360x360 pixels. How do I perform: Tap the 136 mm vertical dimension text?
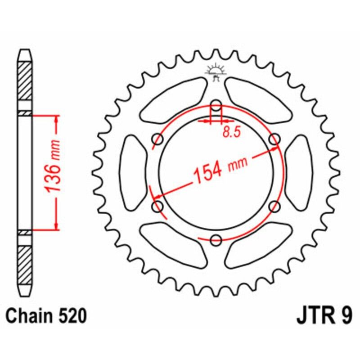[54, 172]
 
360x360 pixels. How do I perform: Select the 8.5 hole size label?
[229, 132]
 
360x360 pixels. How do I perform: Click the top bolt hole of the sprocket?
[216, 107]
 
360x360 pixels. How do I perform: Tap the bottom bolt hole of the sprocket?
[216, 240]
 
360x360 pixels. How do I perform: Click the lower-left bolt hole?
[158, 207]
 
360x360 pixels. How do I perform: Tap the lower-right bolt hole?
[274, 207]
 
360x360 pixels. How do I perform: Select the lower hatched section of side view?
[25, 263]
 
